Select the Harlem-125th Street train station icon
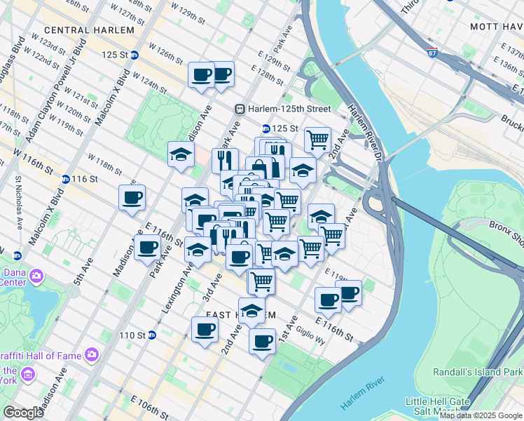tap(240, 109)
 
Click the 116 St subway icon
tap(65, 179)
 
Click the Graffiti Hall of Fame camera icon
tap(92, 354)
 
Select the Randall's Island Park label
tap(493, 370)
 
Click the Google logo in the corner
tap(23, 412)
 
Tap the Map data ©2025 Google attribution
tap(481, 415)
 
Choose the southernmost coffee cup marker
tap(262, 341)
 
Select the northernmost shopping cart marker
tap(317, 139)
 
